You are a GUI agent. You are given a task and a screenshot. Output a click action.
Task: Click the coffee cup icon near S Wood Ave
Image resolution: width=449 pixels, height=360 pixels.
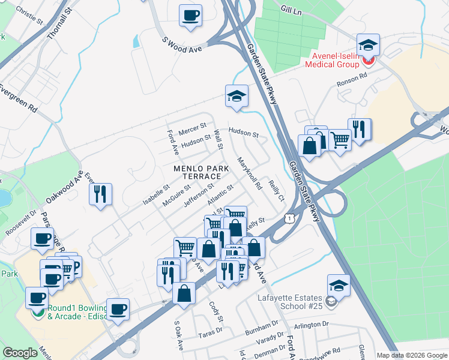tap(190, 15)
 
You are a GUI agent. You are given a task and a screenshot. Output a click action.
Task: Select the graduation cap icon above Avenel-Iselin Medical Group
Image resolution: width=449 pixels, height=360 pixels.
tap(368, 45)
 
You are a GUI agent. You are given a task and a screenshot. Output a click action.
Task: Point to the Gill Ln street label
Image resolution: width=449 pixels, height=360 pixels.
tap(292, 9)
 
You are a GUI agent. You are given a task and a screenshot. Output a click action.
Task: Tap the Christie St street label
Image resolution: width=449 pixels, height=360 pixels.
tap(29, 16)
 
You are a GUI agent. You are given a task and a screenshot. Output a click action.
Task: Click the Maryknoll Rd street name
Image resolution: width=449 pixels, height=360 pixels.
tap(249, 174)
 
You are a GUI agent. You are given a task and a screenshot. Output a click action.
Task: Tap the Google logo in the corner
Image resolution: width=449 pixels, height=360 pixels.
tap(20, 353)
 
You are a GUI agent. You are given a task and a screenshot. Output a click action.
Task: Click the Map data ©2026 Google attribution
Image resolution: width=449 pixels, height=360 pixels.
tap(411, 355)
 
